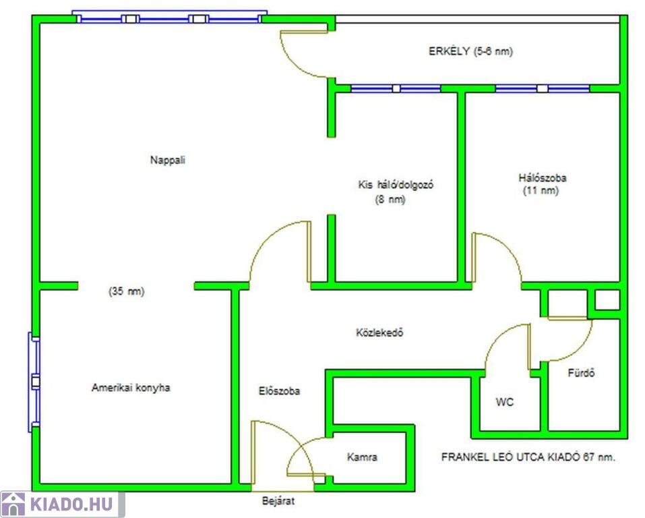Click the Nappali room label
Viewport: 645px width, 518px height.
coord(168,160)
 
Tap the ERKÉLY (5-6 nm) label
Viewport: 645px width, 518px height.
coord(470,51)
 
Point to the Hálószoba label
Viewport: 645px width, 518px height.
coord(542,178)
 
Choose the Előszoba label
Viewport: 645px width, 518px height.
coord(279,391)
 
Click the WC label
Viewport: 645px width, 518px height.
coord(505,402)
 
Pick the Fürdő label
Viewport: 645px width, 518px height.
coord(581,373)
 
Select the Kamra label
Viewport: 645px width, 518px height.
coord(362,457)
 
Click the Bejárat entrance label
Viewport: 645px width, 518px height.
coord(278,501)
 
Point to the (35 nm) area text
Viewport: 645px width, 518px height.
coord(127,292)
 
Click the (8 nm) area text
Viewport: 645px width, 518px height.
coord(390,200)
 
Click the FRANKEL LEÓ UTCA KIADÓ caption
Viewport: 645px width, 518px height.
coord(528,457)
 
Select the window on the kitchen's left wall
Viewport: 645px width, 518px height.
coord(34,382)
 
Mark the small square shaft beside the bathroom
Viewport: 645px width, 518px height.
coord(607,300)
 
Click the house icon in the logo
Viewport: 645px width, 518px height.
coord(13,505)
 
